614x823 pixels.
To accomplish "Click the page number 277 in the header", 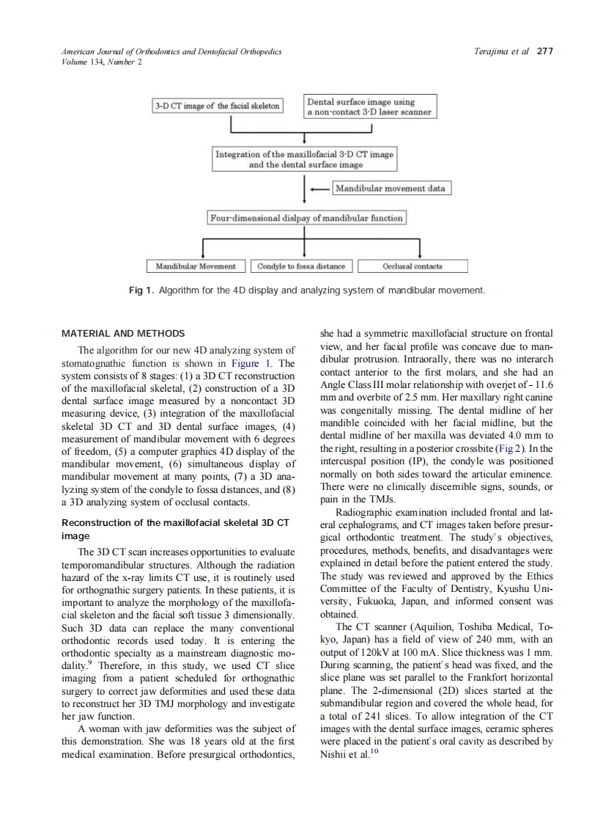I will pos(544,51).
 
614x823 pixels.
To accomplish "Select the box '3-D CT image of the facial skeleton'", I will pos(218,106).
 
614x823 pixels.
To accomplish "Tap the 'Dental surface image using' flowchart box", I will pos(370,106).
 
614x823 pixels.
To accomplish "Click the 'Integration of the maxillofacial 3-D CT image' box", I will pos(304,159).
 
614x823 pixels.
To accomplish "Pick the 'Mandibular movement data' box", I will pos(391,189).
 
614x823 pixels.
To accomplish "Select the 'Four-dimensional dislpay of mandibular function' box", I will pos(306,218).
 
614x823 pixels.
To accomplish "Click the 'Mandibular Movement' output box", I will pos(196,266).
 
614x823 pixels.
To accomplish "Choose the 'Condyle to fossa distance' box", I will pos(302,266).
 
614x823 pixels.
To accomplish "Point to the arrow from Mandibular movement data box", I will pos(320,189).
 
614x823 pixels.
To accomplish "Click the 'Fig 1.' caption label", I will pos(141,290).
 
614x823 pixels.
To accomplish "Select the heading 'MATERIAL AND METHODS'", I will pos(123,334).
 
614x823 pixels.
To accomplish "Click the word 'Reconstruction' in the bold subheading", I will pos(98,523).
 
